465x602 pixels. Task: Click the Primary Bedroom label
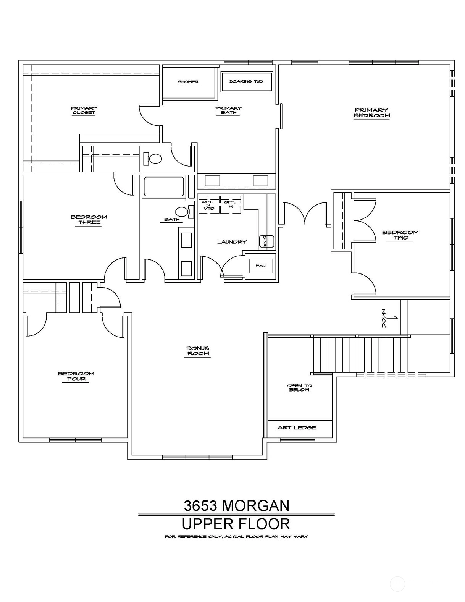click(x=372, y=113)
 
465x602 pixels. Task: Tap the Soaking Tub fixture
click(x=247, y=81)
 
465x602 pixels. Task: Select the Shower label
click(x=188, y=82)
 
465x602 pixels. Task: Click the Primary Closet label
click(x=84, y=110)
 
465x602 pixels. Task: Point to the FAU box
click(x=261, y=266)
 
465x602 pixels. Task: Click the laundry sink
click(x=266, y=241)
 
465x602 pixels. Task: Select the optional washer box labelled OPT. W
click(x=231, y=205)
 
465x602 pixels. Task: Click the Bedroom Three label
click(x=89, y=220)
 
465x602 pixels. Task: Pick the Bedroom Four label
click(x=76, y=376)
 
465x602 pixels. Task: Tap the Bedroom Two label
click(x=400, y=235)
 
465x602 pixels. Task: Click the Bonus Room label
click(x=198, y=351)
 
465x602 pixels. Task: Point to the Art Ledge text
click(x=297, y=427)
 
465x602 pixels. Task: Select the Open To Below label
click(x=299, y=388)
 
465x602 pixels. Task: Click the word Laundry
click(x=232, y=242)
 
